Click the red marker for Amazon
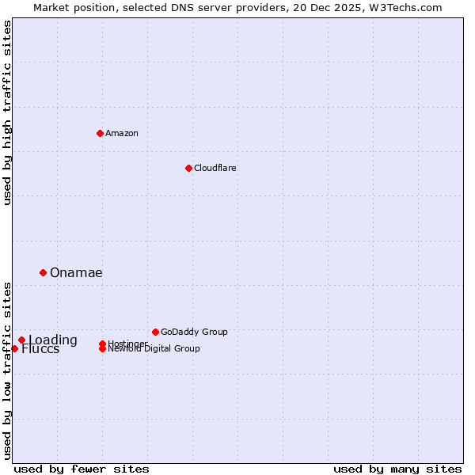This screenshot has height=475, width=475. click(x=100, y=133)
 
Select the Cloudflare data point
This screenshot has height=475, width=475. click(x=188, y=168)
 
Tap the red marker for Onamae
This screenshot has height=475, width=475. click(x=43, y=272)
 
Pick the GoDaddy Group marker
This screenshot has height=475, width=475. click(x=155, y=332)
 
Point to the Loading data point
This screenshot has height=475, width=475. click(x=21, y=340)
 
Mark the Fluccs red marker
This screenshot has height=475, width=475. click(x=14, y=348)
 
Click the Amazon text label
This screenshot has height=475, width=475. click(x=122, y=133)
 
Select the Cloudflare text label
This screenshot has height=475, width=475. click(x=215, y=168)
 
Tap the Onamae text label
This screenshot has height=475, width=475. click(x=76, y=272)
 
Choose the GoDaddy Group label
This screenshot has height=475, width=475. click(x=194, y=332)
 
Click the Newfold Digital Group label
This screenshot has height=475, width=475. click(x=154, y=349)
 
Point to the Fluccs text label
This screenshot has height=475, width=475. click(x=40, y=350)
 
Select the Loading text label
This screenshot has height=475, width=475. click(x=54, y=340)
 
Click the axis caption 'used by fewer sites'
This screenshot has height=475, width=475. click(x=82, y=469)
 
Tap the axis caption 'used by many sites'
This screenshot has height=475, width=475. click(x=397, y=469)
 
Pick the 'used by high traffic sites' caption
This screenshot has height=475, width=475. click(x=7, y=112)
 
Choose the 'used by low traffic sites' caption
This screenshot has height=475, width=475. click(x=7, y=370)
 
